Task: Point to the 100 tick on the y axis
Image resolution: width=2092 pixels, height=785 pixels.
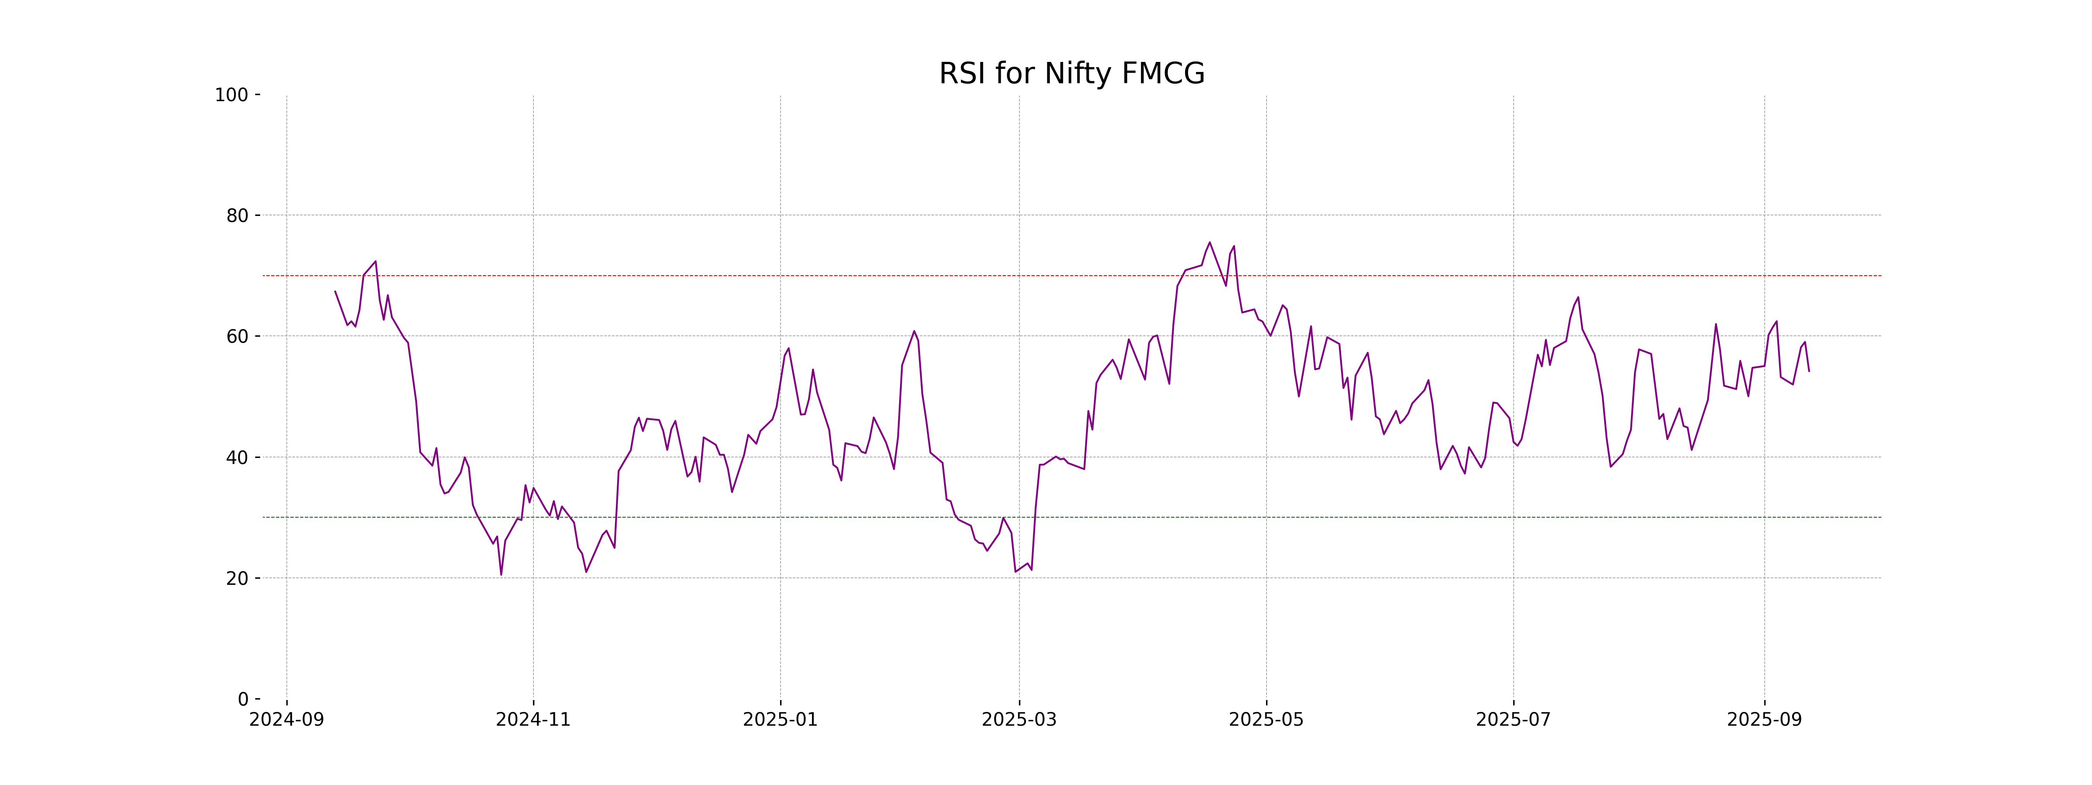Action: pos(231,95)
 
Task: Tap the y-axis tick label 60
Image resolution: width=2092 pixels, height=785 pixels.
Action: pos(237,336)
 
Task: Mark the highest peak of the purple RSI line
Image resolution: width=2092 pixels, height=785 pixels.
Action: pos(1209,242)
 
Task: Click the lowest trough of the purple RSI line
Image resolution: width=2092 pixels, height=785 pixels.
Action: pos(501,574)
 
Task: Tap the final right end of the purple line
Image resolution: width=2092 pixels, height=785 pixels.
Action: pos(1809,372)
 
